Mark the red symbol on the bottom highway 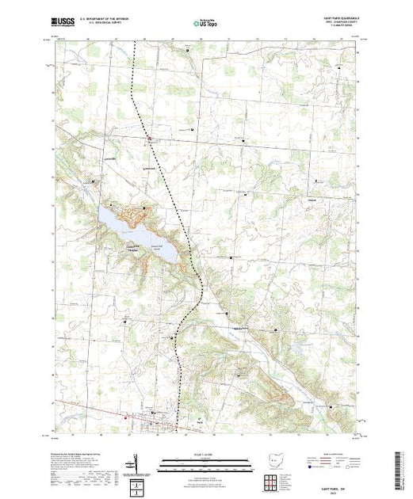[x=122, y=417]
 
